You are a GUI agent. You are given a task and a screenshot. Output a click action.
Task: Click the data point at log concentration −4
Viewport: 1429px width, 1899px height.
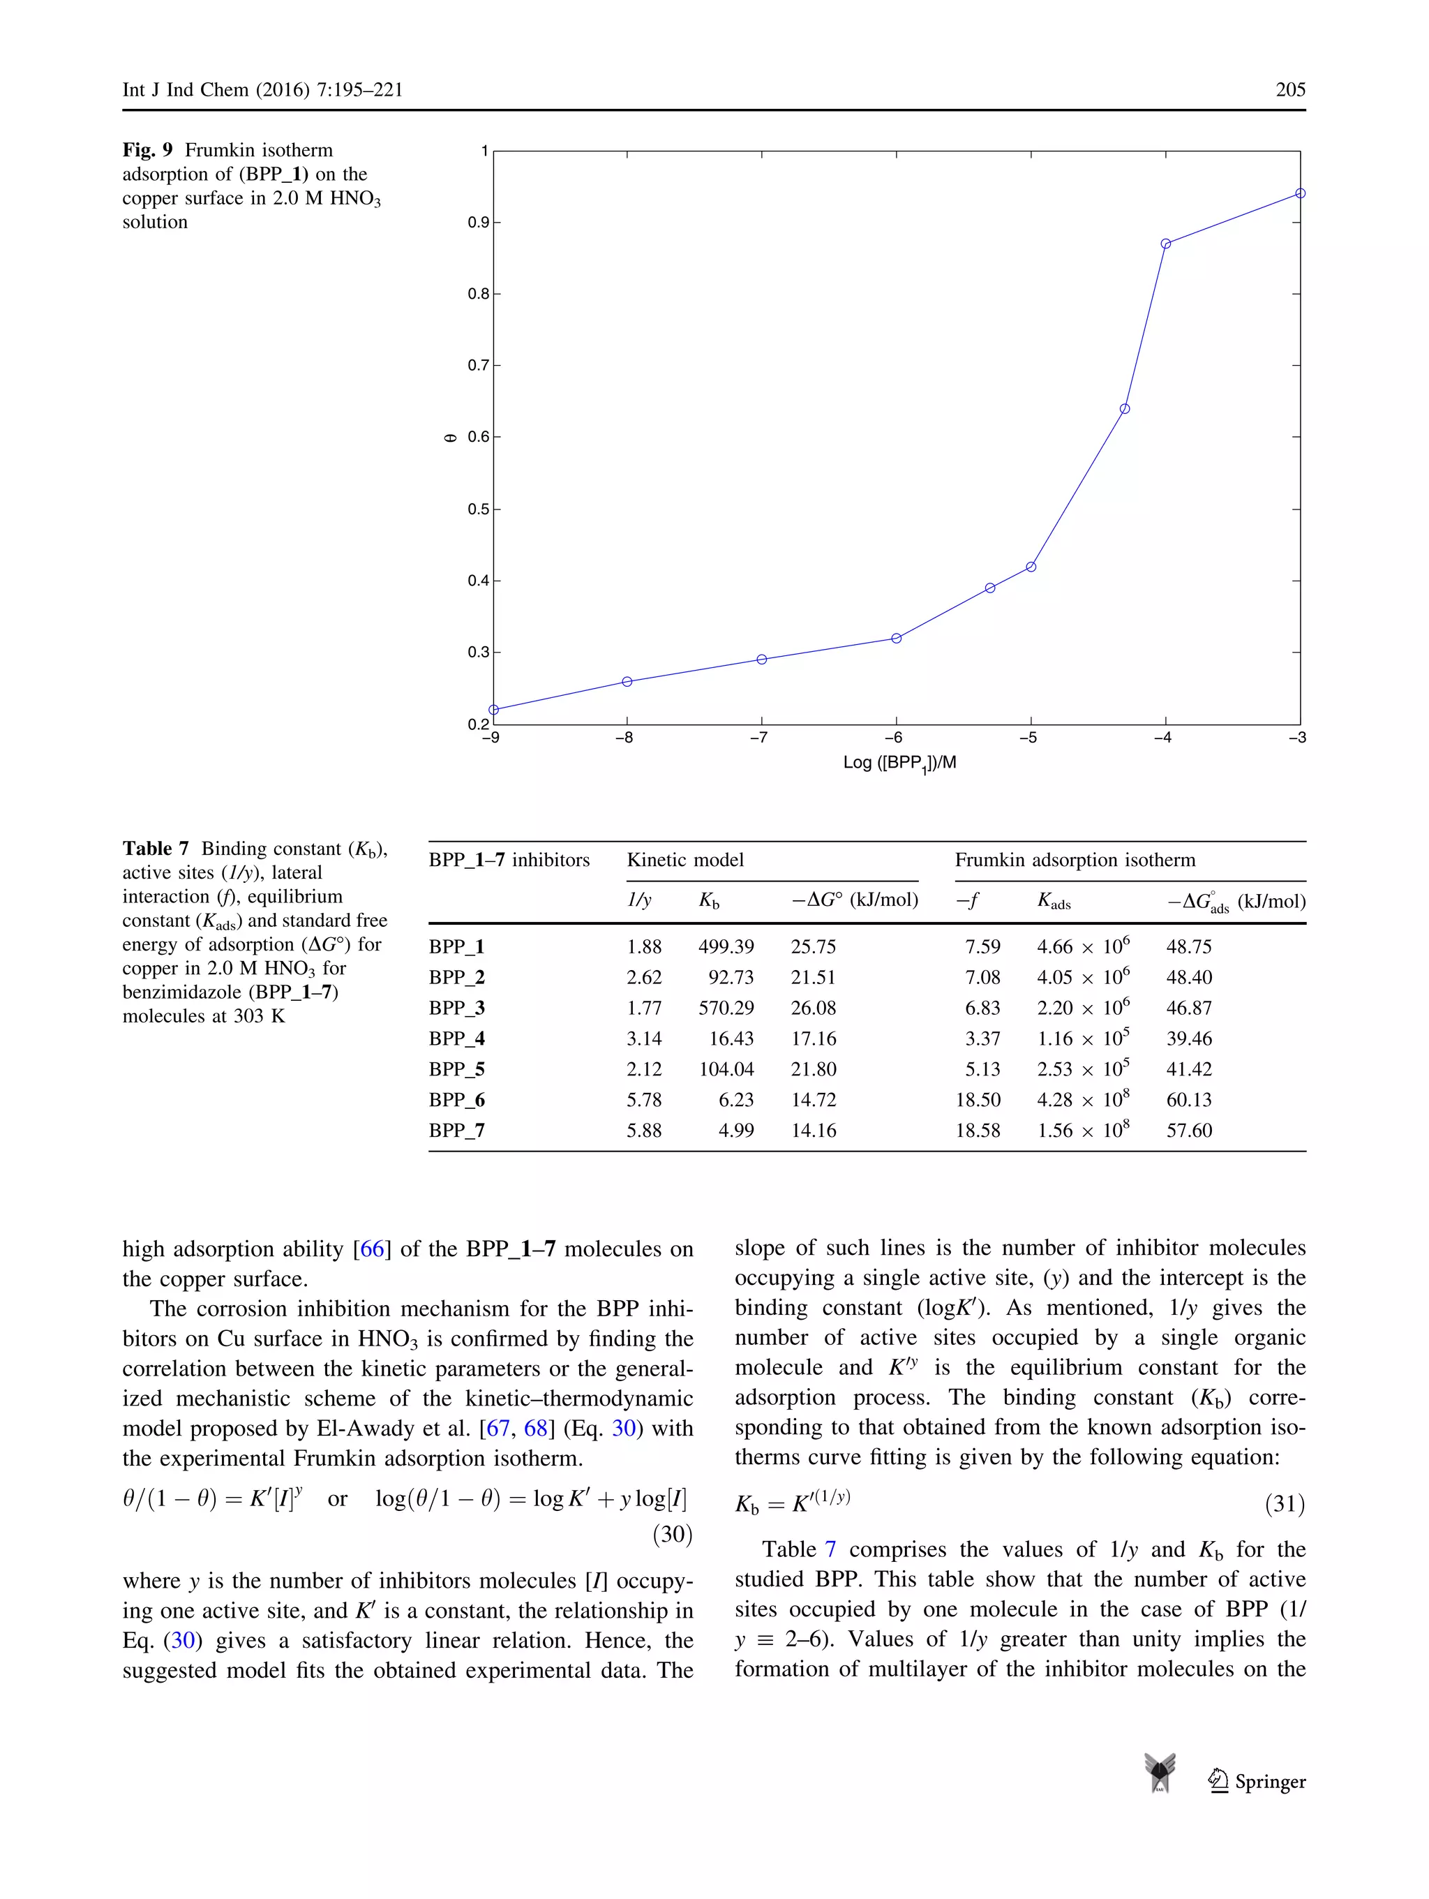(x=1165, y=244)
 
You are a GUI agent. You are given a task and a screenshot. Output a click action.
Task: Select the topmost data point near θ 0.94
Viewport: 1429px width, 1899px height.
(x=1299, y=193)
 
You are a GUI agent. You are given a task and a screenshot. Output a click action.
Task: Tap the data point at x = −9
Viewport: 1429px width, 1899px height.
(x=493, y=709)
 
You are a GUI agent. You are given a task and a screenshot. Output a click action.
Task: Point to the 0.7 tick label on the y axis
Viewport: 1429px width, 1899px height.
(x=478, y=366)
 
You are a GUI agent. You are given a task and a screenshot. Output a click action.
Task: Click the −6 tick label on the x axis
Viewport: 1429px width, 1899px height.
(x=892, y=738)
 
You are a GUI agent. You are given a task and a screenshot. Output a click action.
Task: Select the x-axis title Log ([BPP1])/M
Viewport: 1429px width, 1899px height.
(x=899, y=762)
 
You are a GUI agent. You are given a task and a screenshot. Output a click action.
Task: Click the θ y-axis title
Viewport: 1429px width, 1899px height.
(x=450, y=438)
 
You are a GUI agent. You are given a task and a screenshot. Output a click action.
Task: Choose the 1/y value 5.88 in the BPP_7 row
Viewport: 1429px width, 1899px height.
(x=644, y=1130)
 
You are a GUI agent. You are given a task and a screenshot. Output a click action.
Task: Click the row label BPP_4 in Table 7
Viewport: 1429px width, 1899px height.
(x=456, y=1038)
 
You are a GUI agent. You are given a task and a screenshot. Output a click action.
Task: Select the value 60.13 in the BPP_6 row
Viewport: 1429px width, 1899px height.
(x=1189, y=1099)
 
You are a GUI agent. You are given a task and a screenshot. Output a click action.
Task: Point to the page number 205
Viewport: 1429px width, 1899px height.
(x=1290, y=89)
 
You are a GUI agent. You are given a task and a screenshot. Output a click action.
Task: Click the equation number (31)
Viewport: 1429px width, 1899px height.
(x=1285, y=1503)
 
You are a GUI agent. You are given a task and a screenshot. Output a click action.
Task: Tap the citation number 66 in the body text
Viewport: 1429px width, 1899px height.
(x=372, y=1249)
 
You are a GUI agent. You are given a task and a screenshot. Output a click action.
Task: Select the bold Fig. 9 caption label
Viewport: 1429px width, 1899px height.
(x=148, y=150)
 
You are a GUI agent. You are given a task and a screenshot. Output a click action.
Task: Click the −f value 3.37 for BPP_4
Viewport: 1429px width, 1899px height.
(x=982, y=1038)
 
